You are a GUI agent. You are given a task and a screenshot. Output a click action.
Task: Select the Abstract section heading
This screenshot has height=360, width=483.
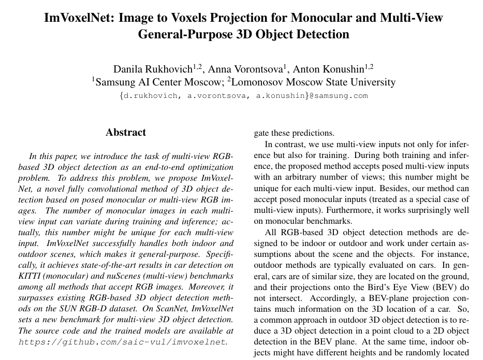(x=126, y=133)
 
